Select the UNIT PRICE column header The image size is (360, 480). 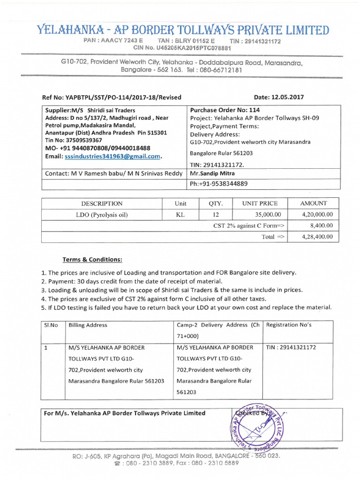259,203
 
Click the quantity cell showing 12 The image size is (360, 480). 216,214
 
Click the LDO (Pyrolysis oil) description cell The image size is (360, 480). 102,214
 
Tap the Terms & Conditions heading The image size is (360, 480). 92,260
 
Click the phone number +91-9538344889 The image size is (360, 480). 219,184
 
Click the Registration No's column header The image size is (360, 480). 285,325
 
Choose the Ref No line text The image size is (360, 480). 112,97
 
